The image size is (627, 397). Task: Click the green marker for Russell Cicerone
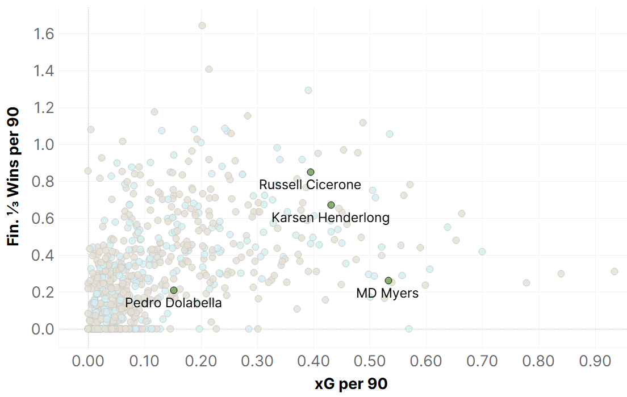[311, 172]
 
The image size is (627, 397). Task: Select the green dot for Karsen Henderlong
[331, 205]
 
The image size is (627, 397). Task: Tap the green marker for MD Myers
[388, 281]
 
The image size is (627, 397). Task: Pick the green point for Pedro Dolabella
[174, 290]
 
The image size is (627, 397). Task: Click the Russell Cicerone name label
[310, 185]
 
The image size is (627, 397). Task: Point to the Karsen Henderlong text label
[331, 218]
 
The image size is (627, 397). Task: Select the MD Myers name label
[387, 294]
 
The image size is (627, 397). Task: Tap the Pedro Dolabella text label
[174, 303]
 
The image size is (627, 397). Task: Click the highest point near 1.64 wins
[202, 26]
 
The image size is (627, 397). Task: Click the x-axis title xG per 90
[351, 384]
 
